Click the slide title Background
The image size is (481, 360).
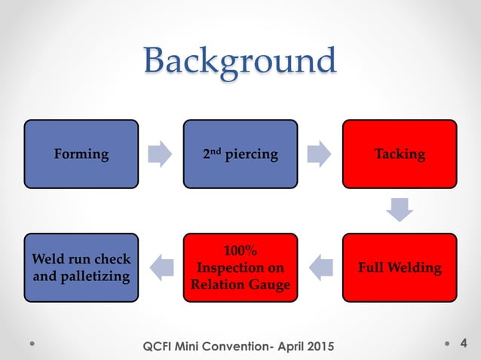point(240,60)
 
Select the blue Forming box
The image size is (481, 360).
point(81,154)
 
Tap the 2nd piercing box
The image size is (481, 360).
point(240,154)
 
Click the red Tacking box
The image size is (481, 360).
point(400,154)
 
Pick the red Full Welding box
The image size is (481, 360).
point(400,267)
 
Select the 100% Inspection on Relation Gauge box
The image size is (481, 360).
point(240,267)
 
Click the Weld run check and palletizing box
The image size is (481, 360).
point(81,267)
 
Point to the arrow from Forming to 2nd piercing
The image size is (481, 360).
point(161,154)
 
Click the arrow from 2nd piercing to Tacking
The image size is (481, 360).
point(320,154)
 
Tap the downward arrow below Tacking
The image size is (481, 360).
point(400,209)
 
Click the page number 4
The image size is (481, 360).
point(463,344)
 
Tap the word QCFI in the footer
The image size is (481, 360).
point(158,345)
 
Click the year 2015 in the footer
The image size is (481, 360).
point(317,345)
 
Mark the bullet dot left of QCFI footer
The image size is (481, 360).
point(32,344)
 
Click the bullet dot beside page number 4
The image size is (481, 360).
point(448,344)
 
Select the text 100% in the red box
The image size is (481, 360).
point(240,251)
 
